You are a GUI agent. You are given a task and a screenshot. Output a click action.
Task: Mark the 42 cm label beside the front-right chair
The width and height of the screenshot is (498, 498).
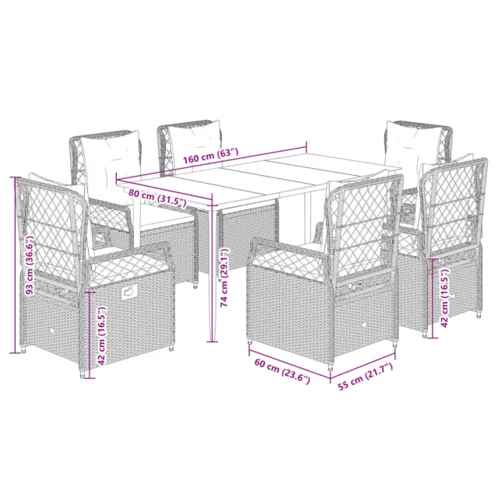[443, 292]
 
